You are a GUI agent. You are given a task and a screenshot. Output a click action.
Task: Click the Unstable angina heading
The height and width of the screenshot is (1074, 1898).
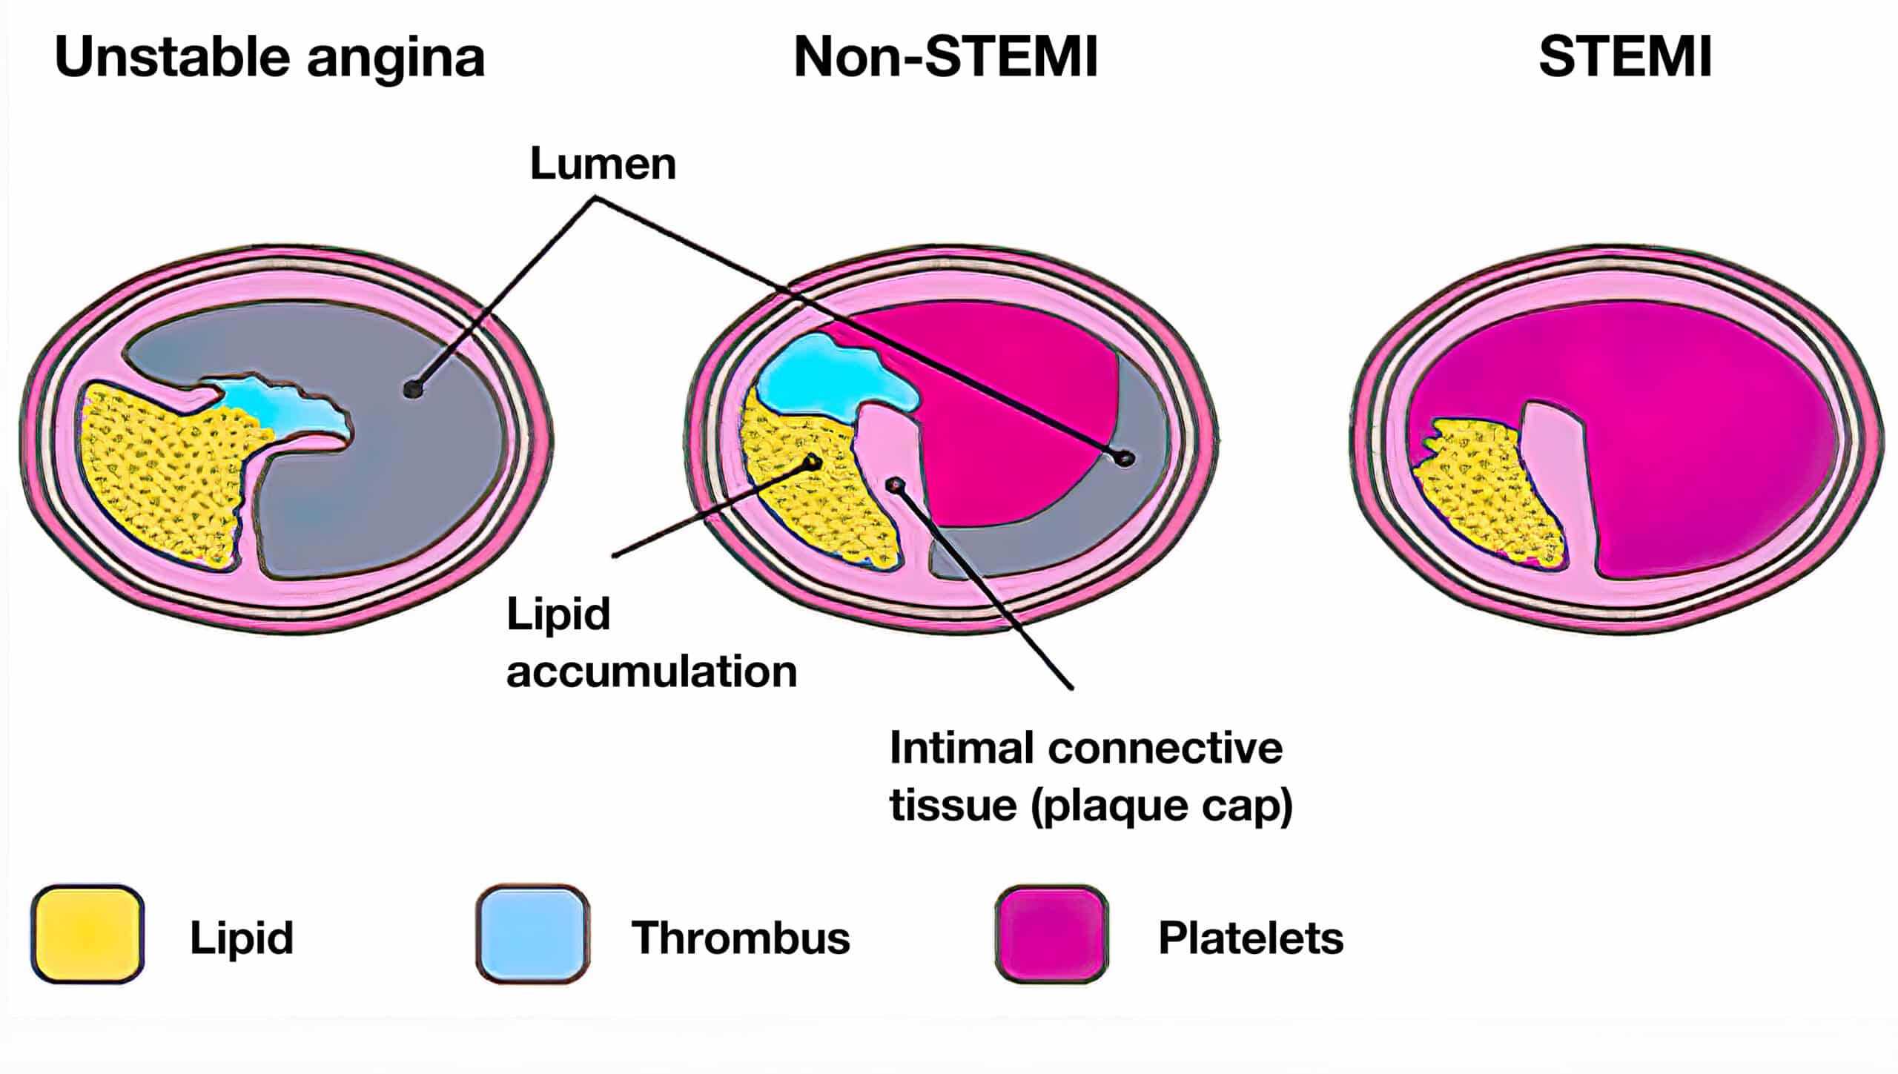(269, 58)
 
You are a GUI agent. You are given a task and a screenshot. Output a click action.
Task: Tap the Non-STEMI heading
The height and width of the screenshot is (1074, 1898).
(945, 58)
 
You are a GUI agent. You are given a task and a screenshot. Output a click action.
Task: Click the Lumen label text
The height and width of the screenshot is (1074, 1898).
(603, 164)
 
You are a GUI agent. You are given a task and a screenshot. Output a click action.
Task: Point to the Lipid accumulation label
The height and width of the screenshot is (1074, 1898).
(650, 643)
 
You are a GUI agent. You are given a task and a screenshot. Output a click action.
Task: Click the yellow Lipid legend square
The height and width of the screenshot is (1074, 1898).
(87, 934)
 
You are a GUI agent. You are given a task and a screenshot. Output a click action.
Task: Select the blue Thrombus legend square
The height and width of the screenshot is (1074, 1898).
(532, 934)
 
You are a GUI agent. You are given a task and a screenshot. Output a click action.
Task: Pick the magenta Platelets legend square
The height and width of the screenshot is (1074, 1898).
(1051, 934)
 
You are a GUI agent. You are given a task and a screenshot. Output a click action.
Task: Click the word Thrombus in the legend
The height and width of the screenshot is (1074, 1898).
(740, 938)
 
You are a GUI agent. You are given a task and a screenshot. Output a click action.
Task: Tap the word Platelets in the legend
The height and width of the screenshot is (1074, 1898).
(1251, 938)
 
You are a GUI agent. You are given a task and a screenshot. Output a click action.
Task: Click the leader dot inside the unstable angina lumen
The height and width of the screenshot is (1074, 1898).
(412, 388)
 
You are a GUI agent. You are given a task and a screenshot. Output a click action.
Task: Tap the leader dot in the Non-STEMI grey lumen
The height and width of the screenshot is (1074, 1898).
(1126, 458)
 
